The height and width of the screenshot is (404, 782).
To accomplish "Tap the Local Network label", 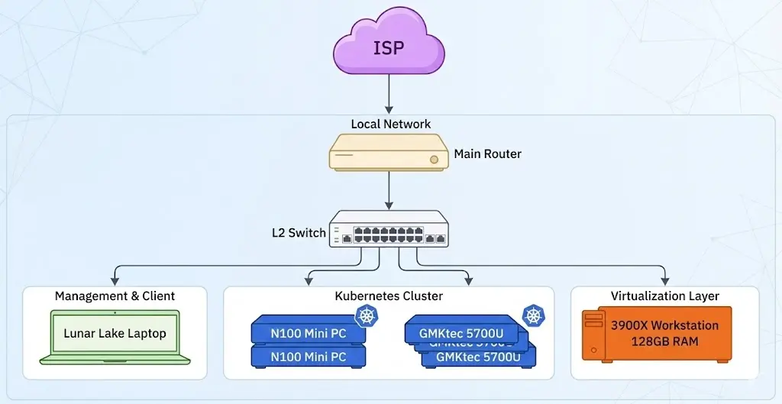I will click(x=390, y=124).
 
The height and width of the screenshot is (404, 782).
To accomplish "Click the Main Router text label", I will click(x=487, y=154).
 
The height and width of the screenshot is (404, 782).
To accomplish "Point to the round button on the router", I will click(x=435, y=160).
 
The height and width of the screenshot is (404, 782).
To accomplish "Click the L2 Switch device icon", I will click(x=389, y=228).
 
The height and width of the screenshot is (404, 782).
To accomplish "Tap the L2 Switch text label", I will click(x=298, y=233).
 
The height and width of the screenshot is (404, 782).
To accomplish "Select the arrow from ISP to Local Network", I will click(x=389, y=95).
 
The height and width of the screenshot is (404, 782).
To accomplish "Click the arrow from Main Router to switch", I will click(x=389, y=191).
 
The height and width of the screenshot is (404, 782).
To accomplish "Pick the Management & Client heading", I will click(x=115, y=296).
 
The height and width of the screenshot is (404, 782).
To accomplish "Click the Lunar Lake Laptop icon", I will click(x=115, y=336).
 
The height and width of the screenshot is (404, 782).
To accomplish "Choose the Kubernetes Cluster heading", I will click(x=389, y=296).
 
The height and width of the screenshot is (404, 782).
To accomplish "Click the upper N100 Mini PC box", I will click(x=308, y=333).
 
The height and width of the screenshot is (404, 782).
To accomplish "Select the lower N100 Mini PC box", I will click(x=308, y=357).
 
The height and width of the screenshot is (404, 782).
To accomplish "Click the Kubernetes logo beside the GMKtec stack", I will click(x=532, y=315).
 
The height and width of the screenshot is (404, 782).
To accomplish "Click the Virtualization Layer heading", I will click(x=664, y=296).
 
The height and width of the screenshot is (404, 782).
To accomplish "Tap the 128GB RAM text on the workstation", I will click(x=664, y=341).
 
